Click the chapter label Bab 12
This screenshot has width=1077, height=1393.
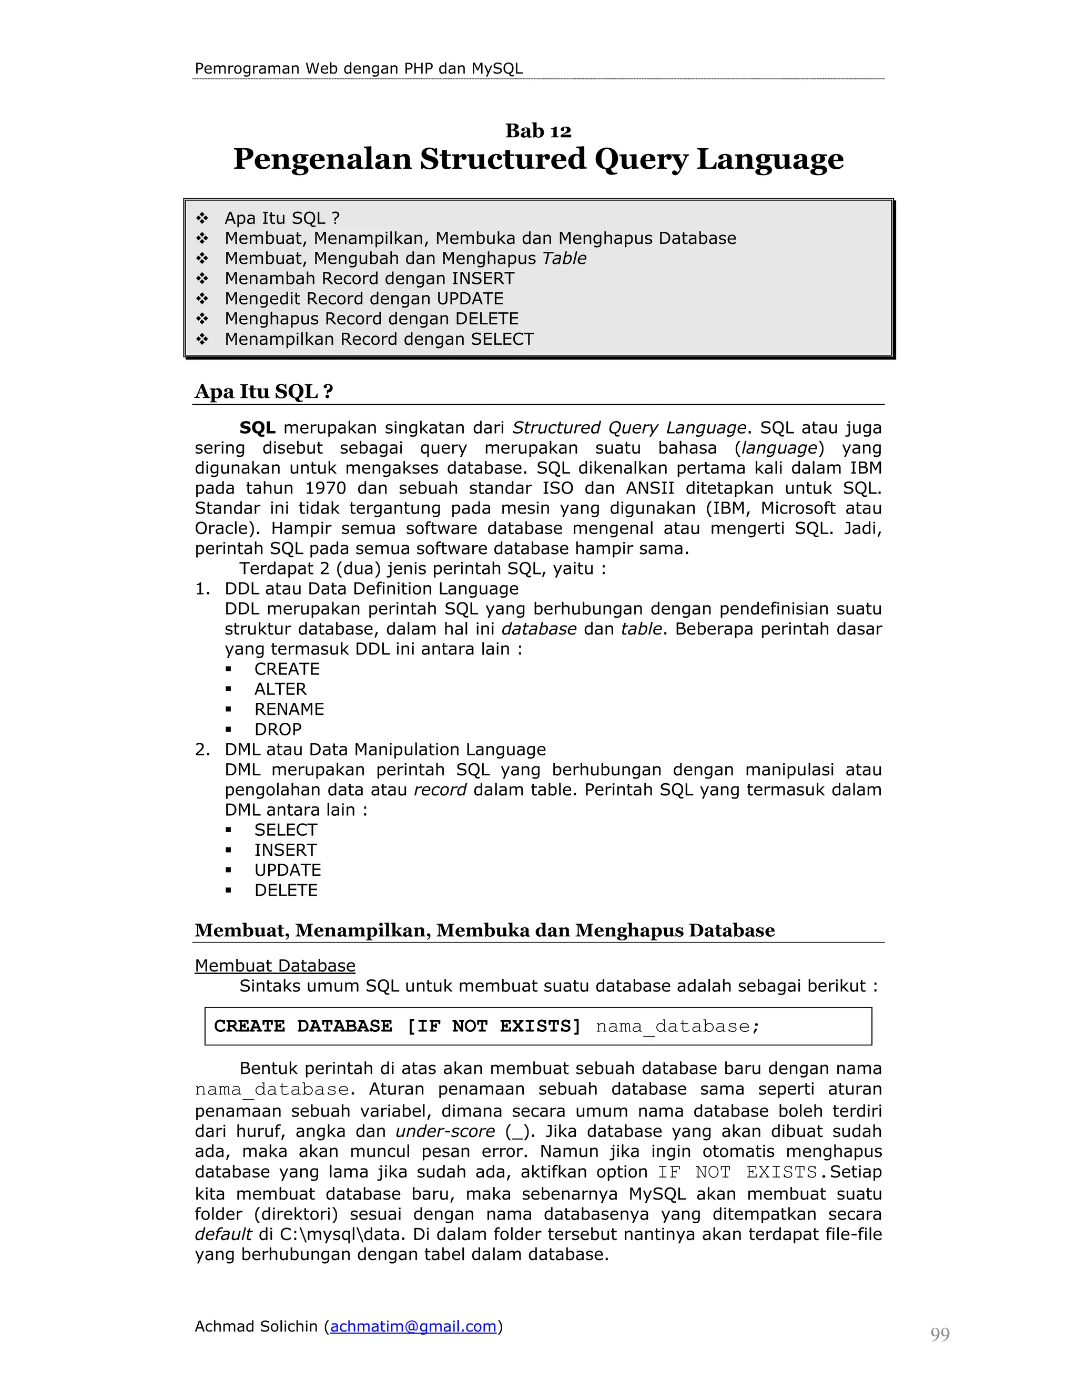(x=538, y=131)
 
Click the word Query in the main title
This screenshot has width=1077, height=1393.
(x=641, y=159)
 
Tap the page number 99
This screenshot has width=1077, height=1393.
(x=940, y=1334)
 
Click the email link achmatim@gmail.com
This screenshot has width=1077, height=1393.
(x=413, y=1327)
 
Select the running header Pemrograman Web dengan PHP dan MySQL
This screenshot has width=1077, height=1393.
(x=358, y=69)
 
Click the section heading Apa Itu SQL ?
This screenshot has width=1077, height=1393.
(x=263, y=391)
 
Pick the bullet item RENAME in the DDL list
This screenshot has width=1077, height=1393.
(x=289, y=709)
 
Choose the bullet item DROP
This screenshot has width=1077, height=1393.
(x=278, y=729)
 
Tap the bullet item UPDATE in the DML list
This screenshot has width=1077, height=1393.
(x=288, y=870)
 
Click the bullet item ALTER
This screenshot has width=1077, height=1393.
(x=280, y=689)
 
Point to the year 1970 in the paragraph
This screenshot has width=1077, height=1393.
(x=326, y=488)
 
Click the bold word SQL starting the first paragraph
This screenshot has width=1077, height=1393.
(x=257, y=427)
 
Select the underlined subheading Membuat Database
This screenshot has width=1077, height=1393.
(x=275, y=966)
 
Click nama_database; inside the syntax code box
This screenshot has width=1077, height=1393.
(x=677, y=1026)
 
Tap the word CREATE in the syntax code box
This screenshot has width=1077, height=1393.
(x=249, y=1026)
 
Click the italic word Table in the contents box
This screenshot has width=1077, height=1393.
(x=564, y=258)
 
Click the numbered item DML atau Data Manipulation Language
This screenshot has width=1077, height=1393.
(x=385, y=750)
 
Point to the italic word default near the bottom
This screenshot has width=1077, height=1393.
(x=223, y=1234)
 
